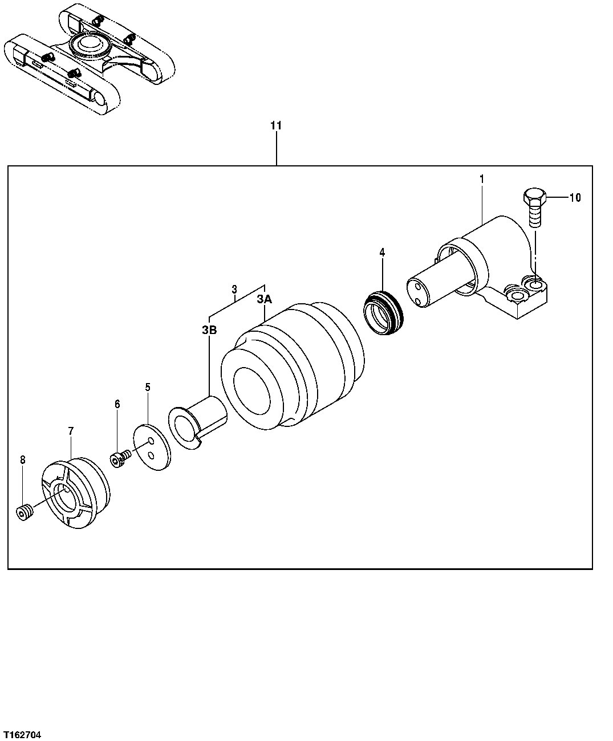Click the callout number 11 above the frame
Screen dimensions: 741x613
(x=276, y=125)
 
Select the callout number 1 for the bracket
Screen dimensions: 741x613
(x=482, y=179)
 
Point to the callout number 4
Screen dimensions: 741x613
(x=382, y=252)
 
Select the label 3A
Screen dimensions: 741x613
(x=264, y=299)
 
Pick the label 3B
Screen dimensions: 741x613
(x=209, y=329)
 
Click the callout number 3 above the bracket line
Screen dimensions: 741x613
(x=234, y=290)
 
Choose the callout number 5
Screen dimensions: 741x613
(x=148, y=387)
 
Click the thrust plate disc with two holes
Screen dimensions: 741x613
(x=152, y=446)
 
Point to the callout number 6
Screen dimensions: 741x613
(x=117, y=404)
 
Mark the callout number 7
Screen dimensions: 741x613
(x=71, y=431)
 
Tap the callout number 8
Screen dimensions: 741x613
(x=23, y=460)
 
